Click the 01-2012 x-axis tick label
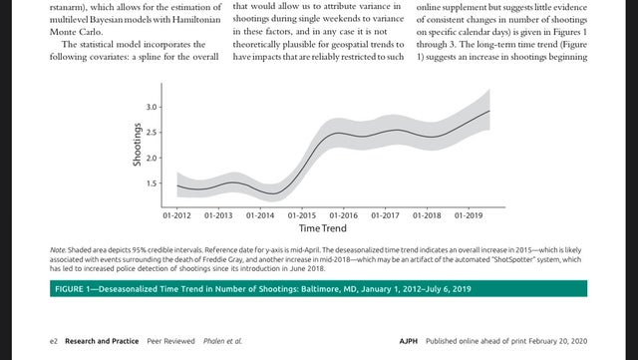click(x=177, y=214)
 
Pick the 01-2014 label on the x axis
click(x=260, y=214)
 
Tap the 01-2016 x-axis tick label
click(x=343, y=214)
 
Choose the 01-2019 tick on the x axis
click(x=468, y=214)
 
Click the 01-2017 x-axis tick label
click(x=385, y=214)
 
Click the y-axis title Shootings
click(x=139, y=145)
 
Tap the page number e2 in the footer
click(x=54, y=341)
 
